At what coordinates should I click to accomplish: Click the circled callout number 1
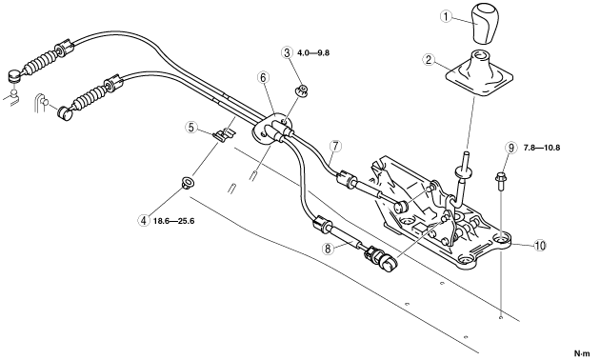point(446,16)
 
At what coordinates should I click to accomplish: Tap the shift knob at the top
point(485,23)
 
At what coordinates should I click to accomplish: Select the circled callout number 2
point(429,60)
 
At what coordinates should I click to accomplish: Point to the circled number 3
point(287,52)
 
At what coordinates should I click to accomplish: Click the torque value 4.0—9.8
point(313,52)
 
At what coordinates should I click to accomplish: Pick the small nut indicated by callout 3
point(302,91)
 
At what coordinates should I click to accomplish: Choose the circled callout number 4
point(144,220)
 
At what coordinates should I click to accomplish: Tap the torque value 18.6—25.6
point(173,221)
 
